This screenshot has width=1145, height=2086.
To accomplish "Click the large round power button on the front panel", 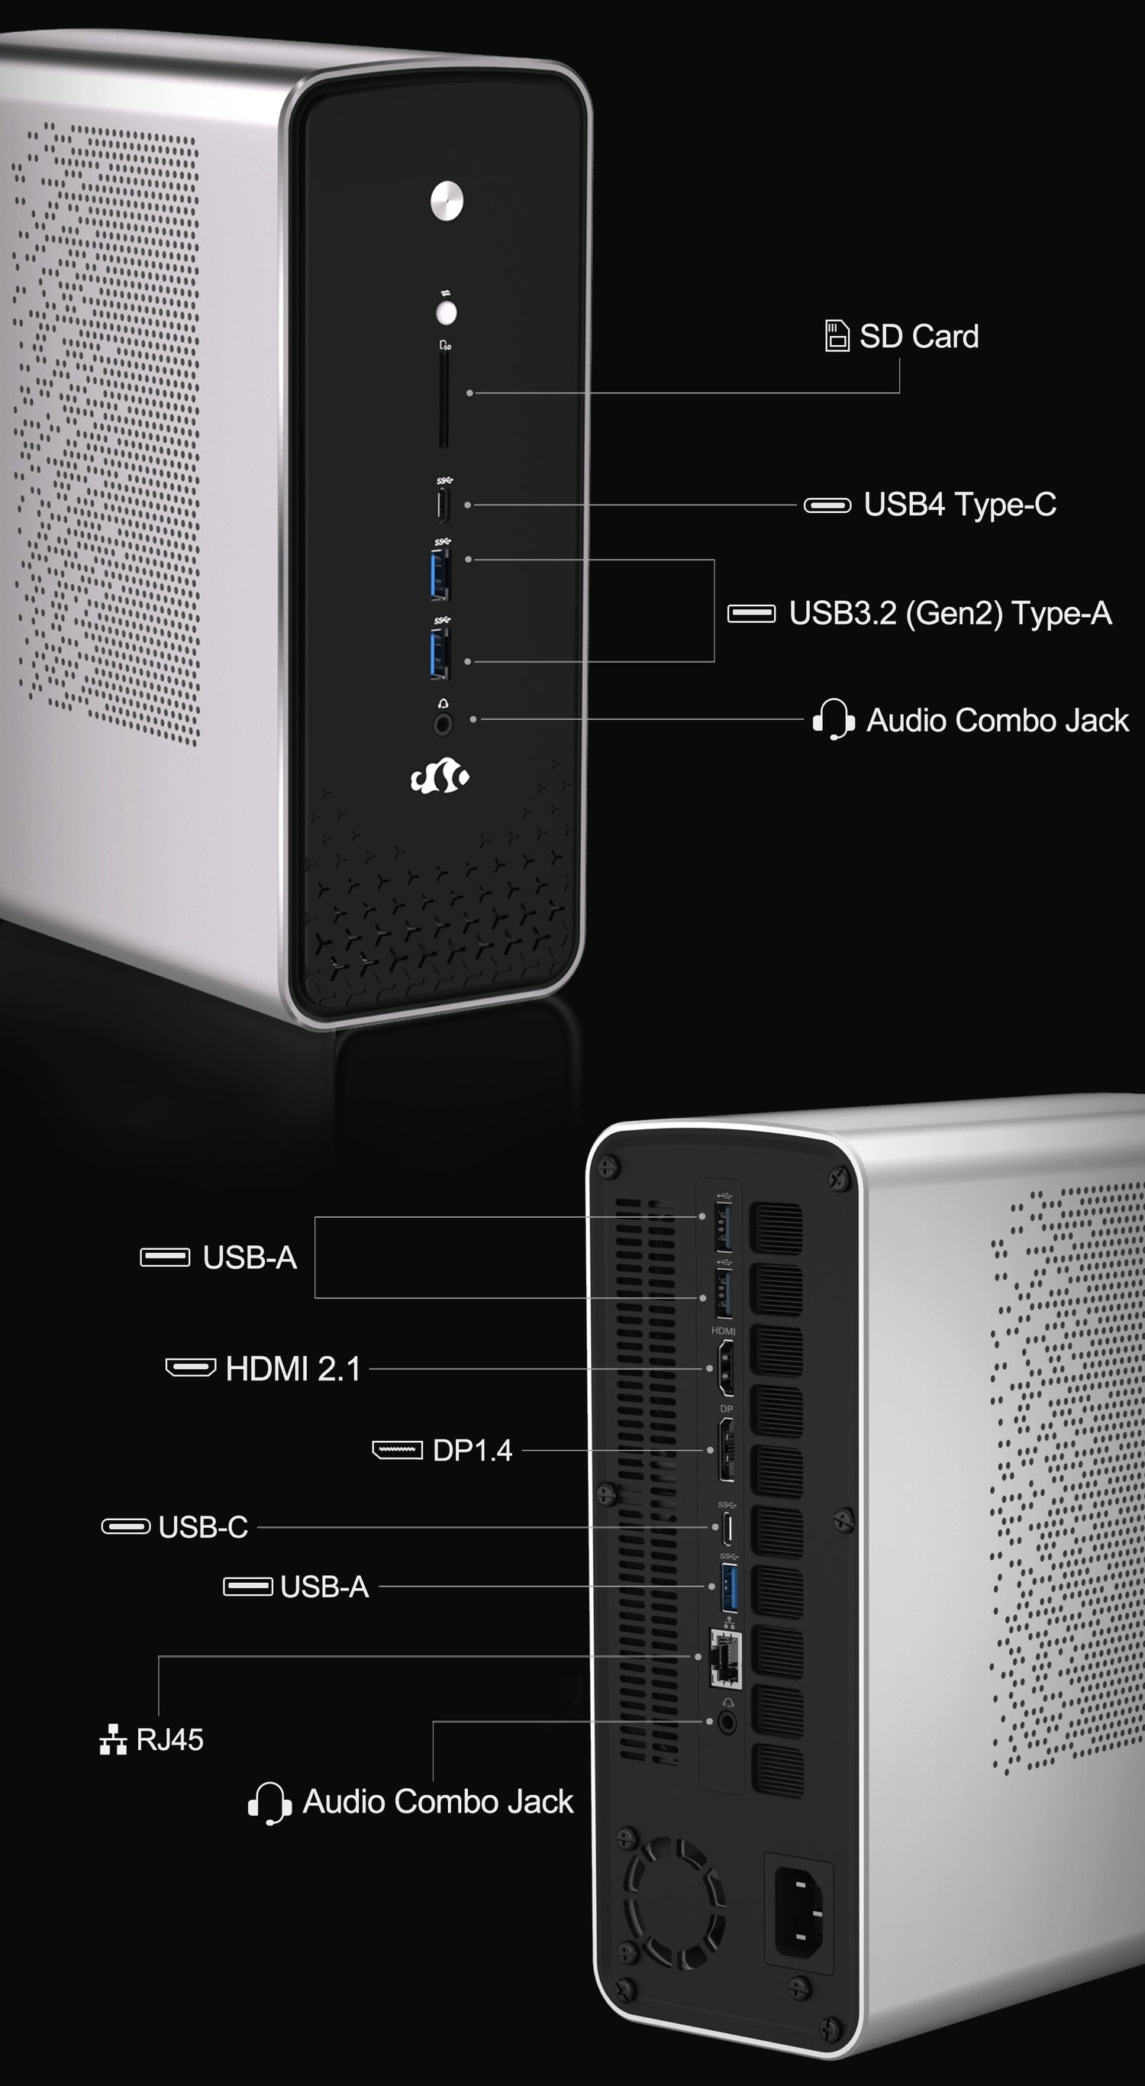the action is (447, 200).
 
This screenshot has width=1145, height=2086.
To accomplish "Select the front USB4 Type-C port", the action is (443, 505).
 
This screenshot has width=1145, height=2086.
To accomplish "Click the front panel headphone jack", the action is (443, 723).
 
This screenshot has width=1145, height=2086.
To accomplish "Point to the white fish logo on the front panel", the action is (440, 777).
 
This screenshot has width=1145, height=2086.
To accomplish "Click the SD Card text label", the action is (919, 336).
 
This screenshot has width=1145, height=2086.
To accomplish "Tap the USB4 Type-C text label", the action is (960, 505).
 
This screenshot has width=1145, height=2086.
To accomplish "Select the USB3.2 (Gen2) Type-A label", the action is (950, 613).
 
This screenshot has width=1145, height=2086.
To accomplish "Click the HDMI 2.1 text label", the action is (293, 1368).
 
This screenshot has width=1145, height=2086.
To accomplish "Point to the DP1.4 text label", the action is (472, 1450).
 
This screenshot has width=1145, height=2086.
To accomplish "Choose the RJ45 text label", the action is (169, 1739).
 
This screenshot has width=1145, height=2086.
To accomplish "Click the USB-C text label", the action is (203, 1526).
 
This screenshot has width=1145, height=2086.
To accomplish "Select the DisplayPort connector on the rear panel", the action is (727, 1449).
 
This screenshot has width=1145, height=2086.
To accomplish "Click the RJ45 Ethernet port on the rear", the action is (724, 1657).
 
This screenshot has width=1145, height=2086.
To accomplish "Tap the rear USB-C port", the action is (728, 1528).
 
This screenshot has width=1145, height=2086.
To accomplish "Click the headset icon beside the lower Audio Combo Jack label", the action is (269, 1803).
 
